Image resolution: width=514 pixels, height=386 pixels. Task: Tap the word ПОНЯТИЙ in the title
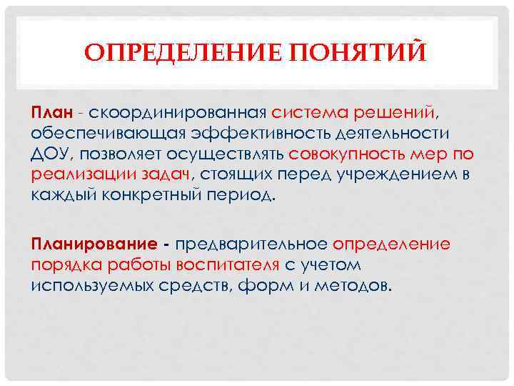(x=347, y=54)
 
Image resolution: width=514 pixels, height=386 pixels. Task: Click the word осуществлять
(x=230, y=154)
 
